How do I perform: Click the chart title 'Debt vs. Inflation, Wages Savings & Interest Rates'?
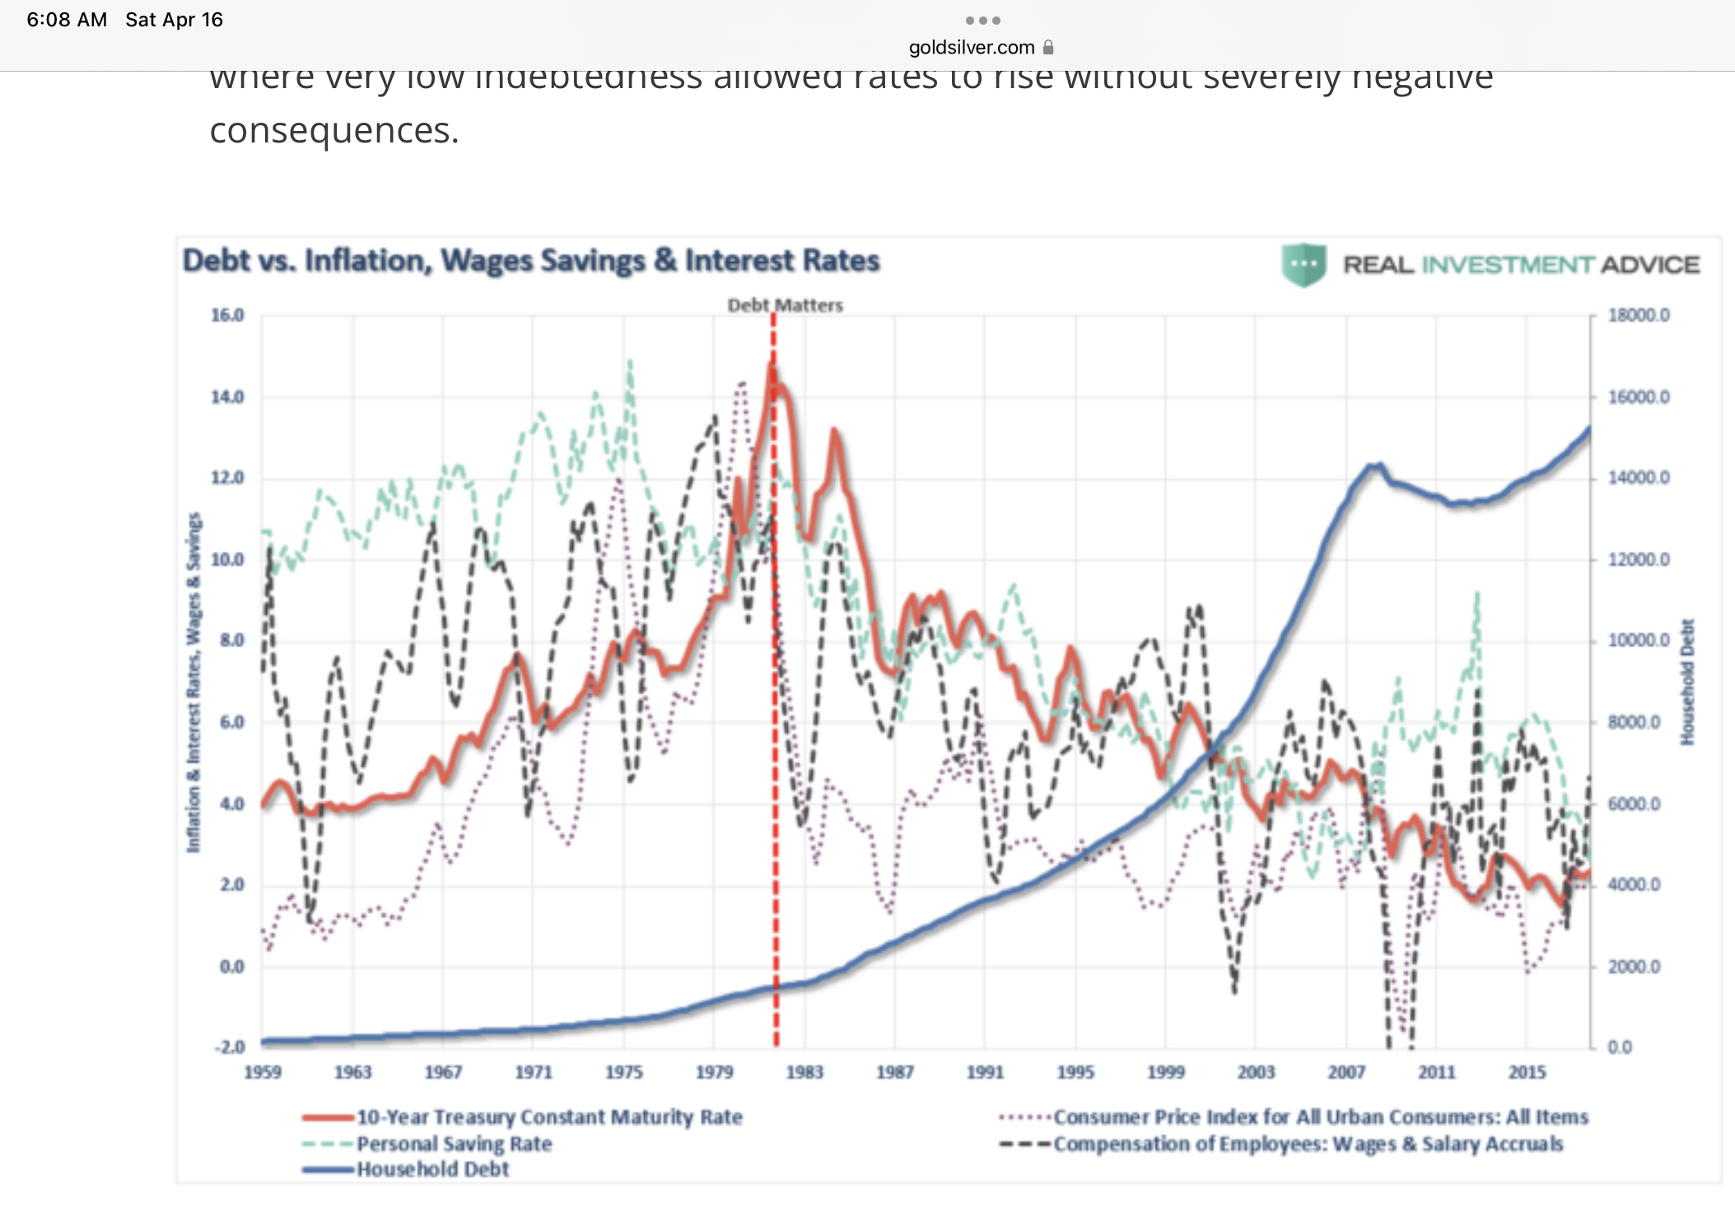click(x=531, y=260)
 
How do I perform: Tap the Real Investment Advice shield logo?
click(x=1304, y=265)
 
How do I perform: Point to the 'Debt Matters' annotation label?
click(x=785, y=305)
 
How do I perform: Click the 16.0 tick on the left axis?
click(x=227, y=315)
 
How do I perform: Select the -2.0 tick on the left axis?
click(x=229, y=1047)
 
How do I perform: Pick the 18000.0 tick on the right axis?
click(x=1639, y=315)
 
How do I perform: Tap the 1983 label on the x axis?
click(x=804, y=1072)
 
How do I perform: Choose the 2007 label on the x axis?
click(x=1346, y=1072)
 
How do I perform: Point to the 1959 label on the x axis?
click(x=263, y=1072)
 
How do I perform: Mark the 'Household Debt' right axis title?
click(x=1688, y=682)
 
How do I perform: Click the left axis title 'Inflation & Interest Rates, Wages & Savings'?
click(x=194, y=682)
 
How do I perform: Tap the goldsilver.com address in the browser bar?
click(x=972, y=48)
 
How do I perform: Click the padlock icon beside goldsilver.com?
click(x=1048, y=47)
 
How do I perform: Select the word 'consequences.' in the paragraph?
click(x=334, y=130)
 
